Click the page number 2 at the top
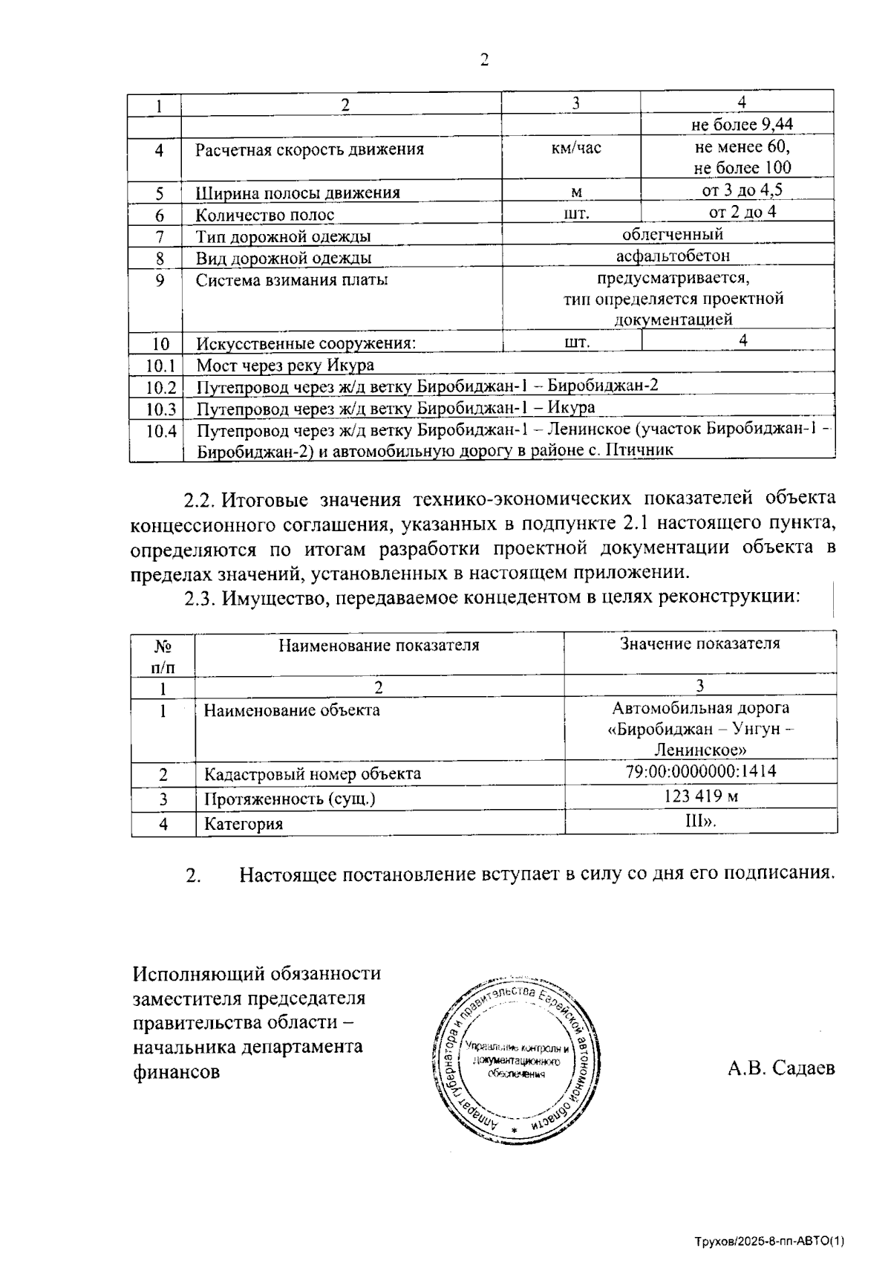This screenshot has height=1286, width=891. click(484, 60)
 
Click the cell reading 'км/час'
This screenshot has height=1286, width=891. click(576, 148)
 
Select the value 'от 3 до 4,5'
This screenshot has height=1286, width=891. click(742, 190)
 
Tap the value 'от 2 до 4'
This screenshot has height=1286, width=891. click(742, 212)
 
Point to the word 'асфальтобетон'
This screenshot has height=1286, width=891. click(673, 256)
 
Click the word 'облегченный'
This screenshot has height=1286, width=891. click(673, 235)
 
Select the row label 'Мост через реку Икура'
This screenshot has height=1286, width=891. click(285, 365)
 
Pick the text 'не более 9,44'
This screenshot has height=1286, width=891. click(742, 125)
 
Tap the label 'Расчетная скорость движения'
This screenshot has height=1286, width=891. click(310, 149)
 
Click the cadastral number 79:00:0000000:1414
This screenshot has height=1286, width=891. click(701, 771)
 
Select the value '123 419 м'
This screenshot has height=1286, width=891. click(701, 796)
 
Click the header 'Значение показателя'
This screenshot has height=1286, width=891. click(700, 643)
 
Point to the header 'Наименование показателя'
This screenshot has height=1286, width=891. click(379, 645)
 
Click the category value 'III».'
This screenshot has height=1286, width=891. click(700, 822)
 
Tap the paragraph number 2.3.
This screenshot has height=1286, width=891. click(200, 597)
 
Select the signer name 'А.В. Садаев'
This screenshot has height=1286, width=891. click(781, 1068)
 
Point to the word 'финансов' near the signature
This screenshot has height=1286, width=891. click(176, 1072)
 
